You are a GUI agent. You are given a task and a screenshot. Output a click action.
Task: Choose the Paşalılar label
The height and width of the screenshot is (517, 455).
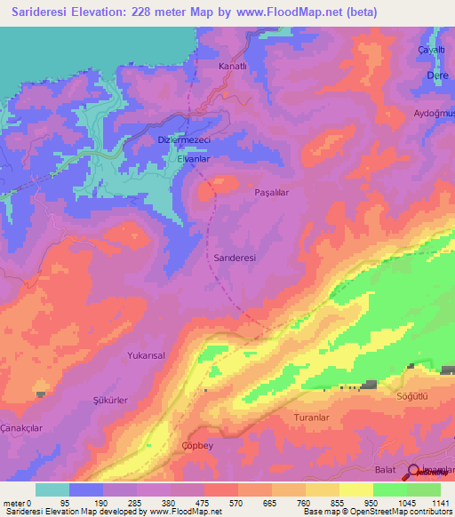point(272,192)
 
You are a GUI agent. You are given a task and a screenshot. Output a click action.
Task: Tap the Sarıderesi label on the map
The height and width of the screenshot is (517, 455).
point(235,258)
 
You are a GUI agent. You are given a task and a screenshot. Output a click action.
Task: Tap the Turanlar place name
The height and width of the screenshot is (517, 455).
point(311,417)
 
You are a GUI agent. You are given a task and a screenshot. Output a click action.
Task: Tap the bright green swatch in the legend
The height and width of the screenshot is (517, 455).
point(390,489)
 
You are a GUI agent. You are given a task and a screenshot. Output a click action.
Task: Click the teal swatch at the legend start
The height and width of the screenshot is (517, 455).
point(52,489)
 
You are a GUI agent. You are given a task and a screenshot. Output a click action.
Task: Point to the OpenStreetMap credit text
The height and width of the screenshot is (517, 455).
point(410,512)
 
